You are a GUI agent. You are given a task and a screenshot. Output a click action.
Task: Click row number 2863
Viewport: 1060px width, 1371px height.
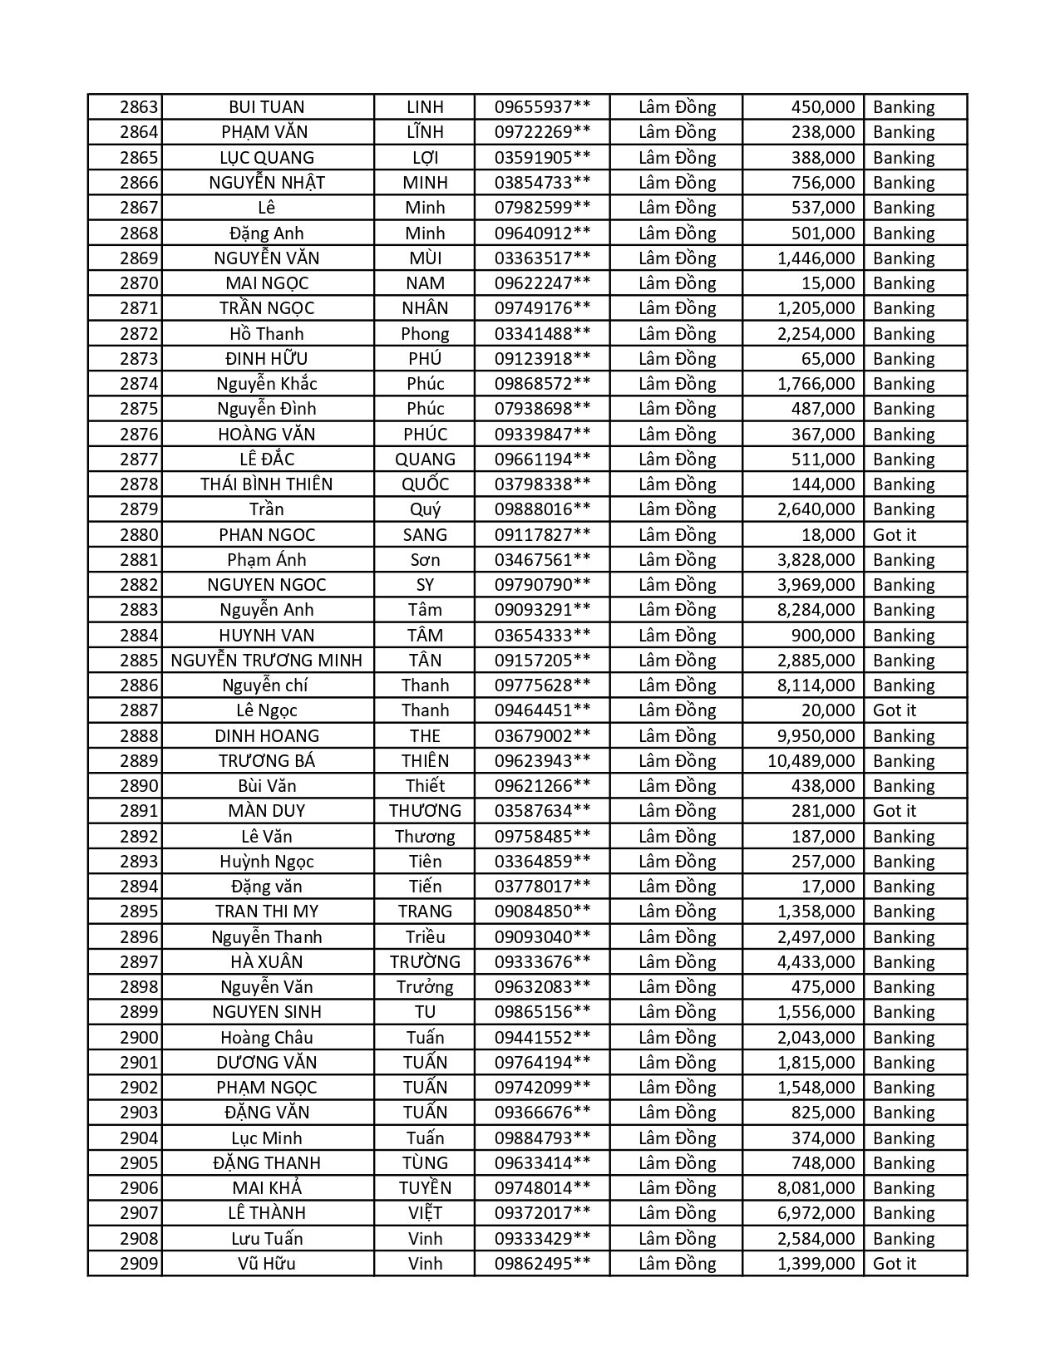(x=138, y=107)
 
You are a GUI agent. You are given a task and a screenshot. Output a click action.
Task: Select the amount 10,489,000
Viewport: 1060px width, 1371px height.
(x=811, y=761)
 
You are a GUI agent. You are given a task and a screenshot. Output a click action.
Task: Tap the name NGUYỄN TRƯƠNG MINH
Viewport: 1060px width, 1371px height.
(x=267, y=661)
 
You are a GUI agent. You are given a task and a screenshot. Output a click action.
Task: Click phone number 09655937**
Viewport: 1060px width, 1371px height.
(x=542, y=107)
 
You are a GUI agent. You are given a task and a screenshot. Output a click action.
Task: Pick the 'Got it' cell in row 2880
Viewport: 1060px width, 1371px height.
(x=894, y=535)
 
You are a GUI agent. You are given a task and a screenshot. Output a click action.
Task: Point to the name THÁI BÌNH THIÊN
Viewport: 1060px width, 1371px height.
(x=267, y=484)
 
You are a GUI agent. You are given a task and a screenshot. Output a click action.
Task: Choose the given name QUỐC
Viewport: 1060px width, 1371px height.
(x=425, y=484)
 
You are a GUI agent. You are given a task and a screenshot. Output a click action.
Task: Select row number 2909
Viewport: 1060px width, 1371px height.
(x=138, y=1264)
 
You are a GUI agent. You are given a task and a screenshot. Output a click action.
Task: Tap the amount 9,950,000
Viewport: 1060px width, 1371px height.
(x=816, y=736)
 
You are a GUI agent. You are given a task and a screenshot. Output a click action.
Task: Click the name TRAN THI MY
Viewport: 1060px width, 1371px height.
(x=267, y=912)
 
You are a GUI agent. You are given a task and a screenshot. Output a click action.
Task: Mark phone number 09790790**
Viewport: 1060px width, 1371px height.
(x=542, y=585)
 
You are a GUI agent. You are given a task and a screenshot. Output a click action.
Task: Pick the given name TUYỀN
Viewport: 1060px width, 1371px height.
(x=425, y=1188)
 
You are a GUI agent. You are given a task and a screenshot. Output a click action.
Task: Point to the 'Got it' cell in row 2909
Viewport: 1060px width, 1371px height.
(x=894, y=1264)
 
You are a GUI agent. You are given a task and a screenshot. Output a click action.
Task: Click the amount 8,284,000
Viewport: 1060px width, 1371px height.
(x=816, y=610)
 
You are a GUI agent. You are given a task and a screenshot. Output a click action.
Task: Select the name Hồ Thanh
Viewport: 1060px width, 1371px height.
(x=267, y=334)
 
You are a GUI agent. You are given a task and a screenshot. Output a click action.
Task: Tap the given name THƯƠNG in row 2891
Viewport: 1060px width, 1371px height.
(x=425, y=811)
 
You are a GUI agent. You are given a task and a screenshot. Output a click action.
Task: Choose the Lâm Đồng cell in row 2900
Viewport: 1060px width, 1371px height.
(x=677, y=1038)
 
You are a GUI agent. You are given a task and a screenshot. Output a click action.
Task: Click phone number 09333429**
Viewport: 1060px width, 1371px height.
(x=542, y=1239)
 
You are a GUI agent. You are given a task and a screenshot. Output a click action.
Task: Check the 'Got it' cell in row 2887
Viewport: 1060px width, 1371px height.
(x=894, y=710)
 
